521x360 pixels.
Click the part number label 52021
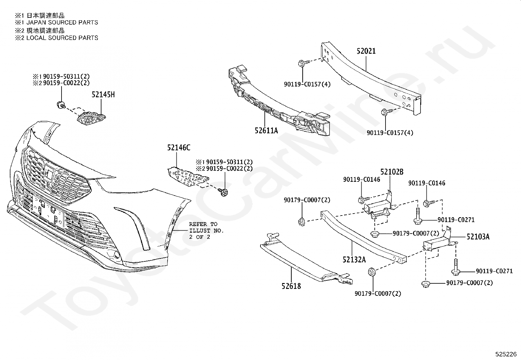[366, 51]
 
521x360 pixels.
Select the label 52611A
[266, 130]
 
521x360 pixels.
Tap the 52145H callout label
[103, 95]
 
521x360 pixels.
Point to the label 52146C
[179, 147]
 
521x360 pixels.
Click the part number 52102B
[392, 172]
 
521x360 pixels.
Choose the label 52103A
[478, 237]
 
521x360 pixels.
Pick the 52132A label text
[354, 259]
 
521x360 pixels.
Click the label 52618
[291, 286]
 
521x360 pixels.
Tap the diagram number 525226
[506, 354]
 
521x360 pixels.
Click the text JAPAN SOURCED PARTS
[62, 22]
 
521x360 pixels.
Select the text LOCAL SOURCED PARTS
[62, 38]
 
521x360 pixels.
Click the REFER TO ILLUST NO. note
[206, 231]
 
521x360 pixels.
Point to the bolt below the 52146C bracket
[224, 192]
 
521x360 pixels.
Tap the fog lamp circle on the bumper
[118, 256]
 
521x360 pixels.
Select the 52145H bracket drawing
[91, 119]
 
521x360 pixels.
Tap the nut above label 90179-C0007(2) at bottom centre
[371, 272]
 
